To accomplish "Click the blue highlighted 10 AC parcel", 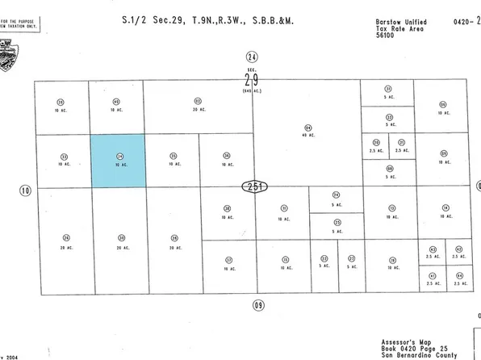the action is pos(118,161).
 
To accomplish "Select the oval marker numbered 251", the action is pos(253,187).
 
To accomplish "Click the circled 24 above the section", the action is pos(252,57).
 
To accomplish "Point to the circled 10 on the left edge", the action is pos(25,190).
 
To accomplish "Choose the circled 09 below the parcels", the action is pos(258,304).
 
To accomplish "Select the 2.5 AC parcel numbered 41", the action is pos(433,278).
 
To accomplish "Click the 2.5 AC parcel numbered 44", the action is pos(459,278).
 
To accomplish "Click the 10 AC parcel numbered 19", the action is pos(392,262).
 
